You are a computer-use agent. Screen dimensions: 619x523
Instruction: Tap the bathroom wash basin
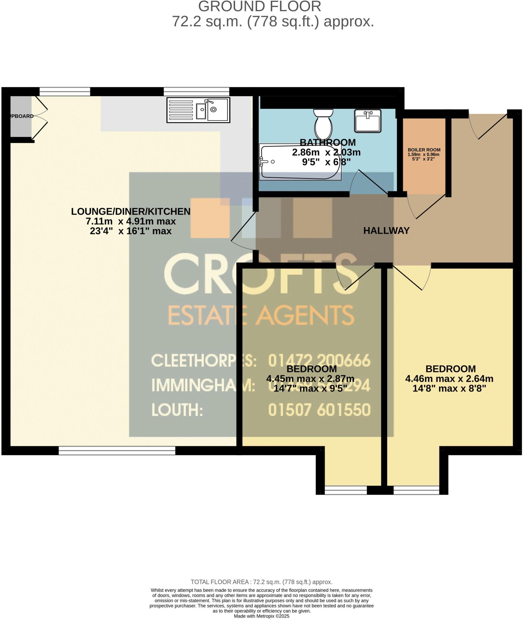click(x=368, y=121)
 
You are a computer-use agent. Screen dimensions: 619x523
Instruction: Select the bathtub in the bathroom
click(x=300, y=162)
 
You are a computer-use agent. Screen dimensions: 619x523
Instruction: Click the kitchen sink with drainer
click(x=198, y=110)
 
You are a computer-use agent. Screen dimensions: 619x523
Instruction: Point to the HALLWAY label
click(x=386, y=231)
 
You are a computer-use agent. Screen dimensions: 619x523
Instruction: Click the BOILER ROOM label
click(x=424, y=150)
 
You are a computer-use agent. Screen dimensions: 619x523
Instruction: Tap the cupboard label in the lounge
click(x=21, y=116)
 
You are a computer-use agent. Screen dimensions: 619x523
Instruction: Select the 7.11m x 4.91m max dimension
click(x=131, y=221)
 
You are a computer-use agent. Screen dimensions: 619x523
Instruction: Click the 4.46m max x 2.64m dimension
click(x=449, y=378)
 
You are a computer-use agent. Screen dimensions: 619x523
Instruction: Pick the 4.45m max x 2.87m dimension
click(x=310, y=378)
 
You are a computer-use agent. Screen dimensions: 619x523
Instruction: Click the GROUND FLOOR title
click(x=260, y=7)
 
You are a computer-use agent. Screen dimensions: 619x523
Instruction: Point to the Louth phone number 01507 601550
click(x=319, y=410)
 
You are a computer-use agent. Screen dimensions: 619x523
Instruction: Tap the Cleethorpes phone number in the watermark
click(x=319, y=361)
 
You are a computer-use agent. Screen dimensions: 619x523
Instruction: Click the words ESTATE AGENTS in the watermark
click(x=261, y=315)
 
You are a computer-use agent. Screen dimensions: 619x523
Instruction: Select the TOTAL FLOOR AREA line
click(x=261, y=582)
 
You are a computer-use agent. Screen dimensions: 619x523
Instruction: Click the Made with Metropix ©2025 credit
click(x=261, y=616)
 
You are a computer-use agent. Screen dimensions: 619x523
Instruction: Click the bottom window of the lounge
click(x=117, y=451)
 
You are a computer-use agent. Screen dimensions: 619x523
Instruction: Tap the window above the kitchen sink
click(x=196, y=91)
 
